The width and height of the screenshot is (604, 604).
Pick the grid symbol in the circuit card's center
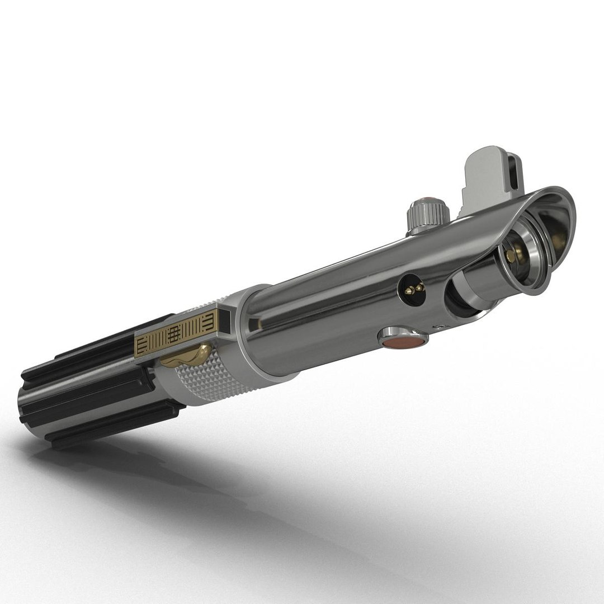[174, 334]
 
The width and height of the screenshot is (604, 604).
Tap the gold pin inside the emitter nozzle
[511, 255]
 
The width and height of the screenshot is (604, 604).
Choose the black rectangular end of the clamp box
[224, 320]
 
